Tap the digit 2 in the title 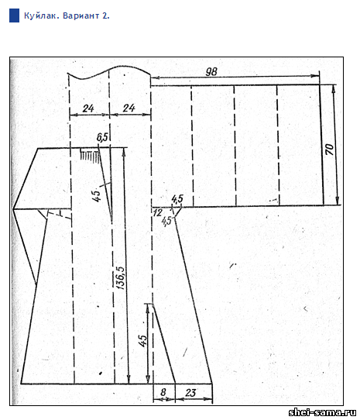click(x=105, y=15)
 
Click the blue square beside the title click(x=14, y=15)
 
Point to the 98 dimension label click(x=211, y=71)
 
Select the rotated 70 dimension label click(x=330, y=150)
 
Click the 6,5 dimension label click(x=102, y=137)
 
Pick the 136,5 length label click(x=120, y=277)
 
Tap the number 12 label click(x=158, y=213)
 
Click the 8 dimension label click(x=163, y=392)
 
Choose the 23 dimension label click(x=190, y=393)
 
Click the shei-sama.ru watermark click(x=323, y=412)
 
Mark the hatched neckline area click(x=91, y=154)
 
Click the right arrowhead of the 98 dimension click(x=316, y=76)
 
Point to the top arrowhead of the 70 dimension click(x=333, y=89)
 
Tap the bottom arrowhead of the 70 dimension click(x=338, y=201)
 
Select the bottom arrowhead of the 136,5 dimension click(x=129, y=380)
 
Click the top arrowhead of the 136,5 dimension click(x=124, y=152)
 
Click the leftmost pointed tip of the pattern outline click(x=13, y=208)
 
